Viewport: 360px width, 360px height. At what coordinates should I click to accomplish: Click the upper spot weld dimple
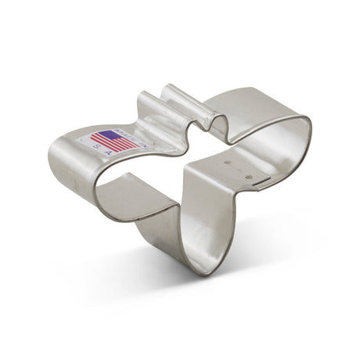coord(229,164)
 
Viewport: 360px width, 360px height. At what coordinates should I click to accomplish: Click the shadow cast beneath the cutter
coord(235,258)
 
